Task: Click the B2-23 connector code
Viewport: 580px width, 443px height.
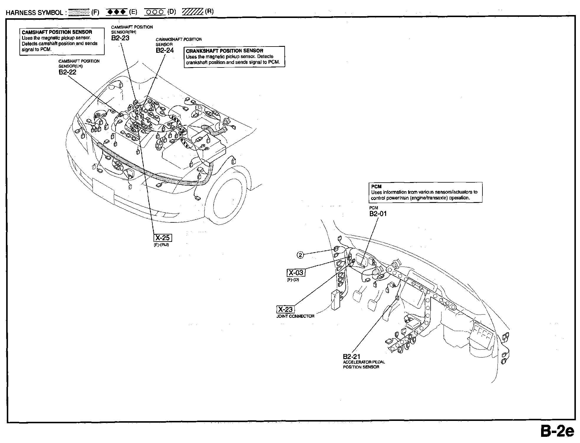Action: (x=120, y=38)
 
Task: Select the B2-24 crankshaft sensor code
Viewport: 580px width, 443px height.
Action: (x=165, y=50)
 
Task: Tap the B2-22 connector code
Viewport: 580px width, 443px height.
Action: (x=67, y=72)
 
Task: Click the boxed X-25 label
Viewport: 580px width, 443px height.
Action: (x=163, y=238)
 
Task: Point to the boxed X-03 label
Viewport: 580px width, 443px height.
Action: (x=296, y=273)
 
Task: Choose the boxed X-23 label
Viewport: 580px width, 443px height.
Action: (x=286, y=309)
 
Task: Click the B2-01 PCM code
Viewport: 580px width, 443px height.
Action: (x=378, y=214)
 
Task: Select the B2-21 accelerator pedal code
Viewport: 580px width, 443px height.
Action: (x=351, y=357)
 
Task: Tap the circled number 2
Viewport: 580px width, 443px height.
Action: (x=300, y=255)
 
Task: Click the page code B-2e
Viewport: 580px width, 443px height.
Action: (x=557, y=432)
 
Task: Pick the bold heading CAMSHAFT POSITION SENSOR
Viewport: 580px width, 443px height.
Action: (x=57, y=32)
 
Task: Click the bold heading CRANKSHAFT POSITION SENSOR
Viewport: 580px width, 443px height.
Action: (x=225, y=51)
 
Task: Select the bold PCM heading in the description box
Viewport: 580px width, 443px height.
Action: (x=376, y=186)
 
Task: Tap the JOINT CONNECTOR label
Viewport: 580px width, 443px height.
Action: (x=295, y=316)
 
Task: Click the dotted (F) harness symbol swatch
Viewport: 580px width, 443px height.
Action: (x=78, y=12)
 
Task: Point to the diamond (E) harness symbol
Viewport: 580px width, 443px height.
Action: (x=117, y=12)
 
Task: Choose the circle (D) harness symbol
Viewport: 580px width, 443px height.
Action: (x=155, y=12)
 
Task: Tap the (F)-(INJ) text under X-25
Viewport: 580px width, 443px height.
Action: (x=162, y=245)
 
